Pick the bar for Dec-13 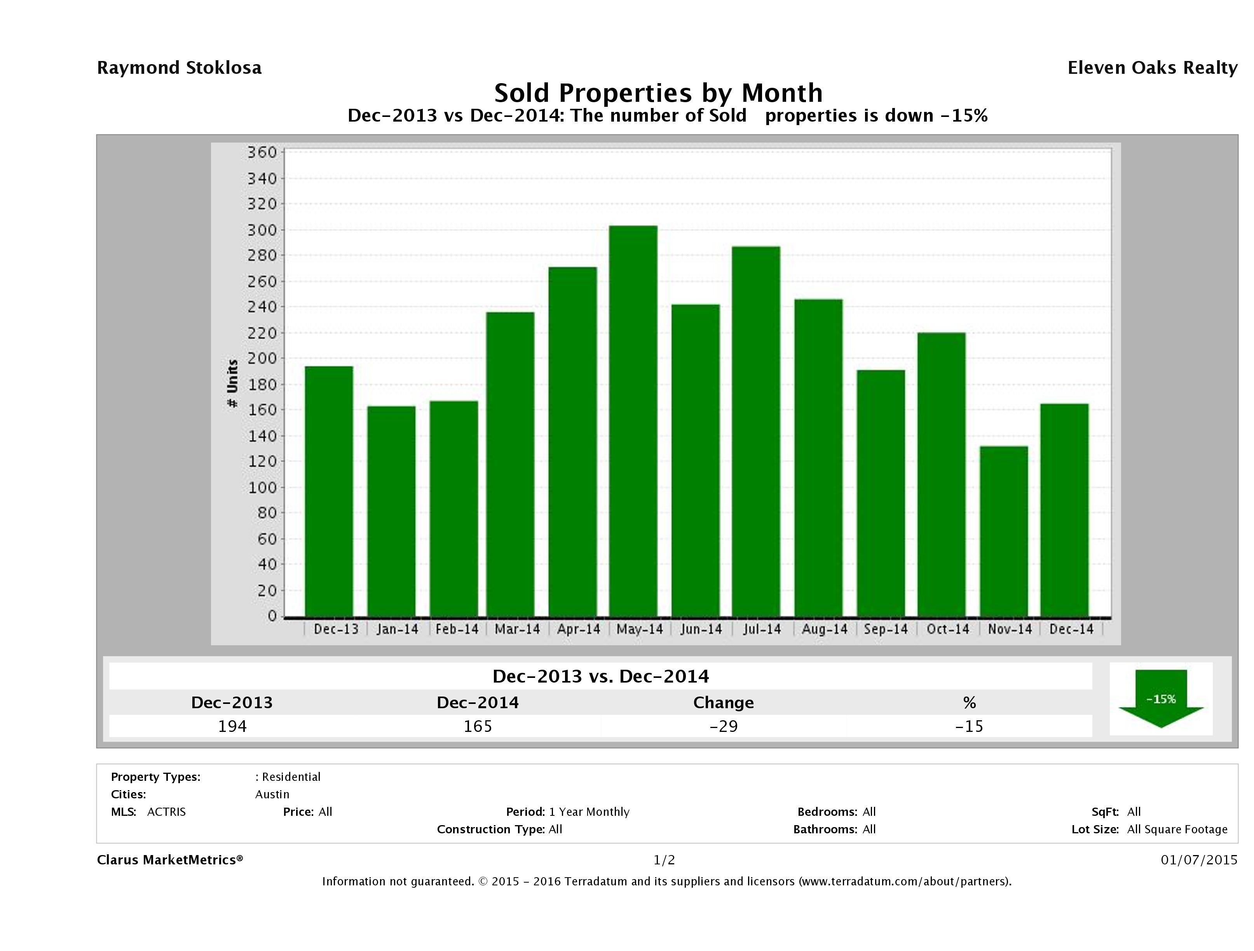tap(329, 491)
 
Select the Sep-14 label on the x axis tap(886, 629)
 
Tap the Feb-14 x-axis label tap(457, 629)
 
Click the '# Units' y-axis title tap(232, 384)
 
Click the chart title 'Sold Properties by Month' tap(658, 92)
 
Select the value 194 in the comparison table tap(232, 726)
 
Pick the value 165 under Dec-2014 tap(478, 726)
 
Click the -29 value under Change tap(724, 726)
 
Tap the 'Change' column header tap(724, 703)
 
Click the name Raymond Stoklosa tap(179, 68)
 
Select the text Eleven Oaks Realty tap(1152, 68)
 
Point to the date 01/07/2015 tap(1198, 860)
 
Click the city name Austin tap(272, 794)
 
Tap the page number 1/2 tap(664, 860)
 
